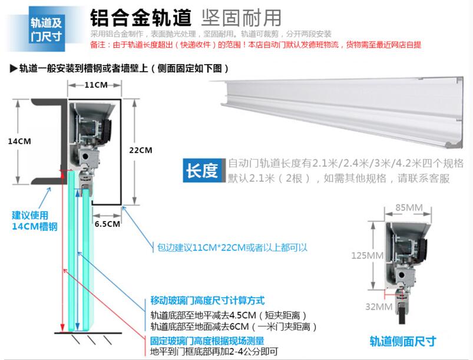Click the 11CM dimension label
(96, 85)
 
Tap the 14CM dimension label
(19, 141)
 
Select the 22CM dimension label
(141, 150)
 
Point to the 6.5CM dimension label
(107, 224)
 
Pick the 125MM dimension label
(367, 256)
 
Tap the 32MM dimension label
(379, 306)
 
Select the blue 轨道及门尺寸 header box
(47, 29)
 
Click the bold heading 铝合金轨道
(141, 18)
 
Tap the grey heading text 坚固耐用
(241, 18)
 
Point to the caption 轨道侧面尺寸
(403, 341)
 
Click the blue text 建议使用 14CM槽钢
(35, 221)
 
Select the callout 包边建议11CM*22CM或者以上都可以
(232, 247)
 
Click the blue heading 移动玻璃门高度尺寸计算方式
(207, 300)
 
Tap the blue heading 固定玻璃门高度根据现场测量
(207, 341)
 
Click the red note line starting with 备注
(256, 45)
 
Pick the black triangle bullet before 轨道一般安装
(14, 68)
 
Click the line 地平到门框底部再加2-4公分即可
(214, 352)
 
